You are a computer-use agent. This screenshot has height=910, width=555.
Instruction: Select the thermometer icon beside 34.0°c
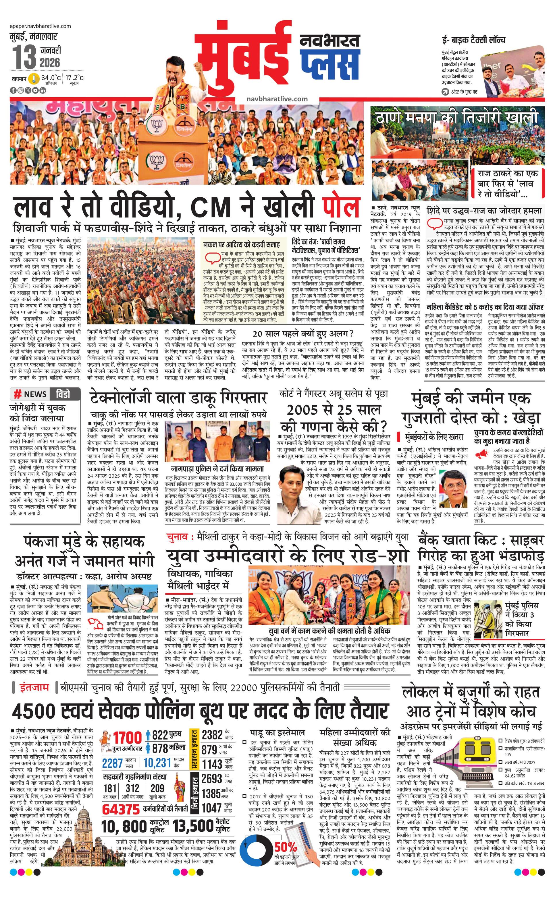[34, 79]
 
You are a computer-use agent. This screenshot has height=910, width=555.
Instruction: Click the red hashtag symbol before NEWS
[17, 395]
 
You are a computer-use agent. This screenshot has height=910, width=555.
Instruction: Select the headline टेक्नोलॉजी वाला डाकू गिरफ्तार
[178, 398]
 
